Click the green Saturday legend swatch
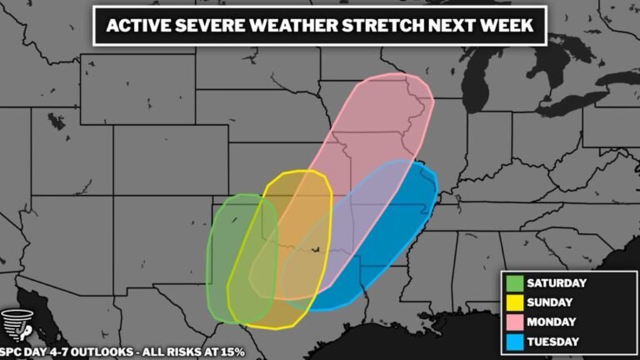515,282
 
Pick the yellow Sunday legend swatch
515,301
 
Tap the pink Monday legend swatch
515,320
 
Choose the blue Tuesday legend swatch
515,339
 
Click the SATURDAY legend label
557,282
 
